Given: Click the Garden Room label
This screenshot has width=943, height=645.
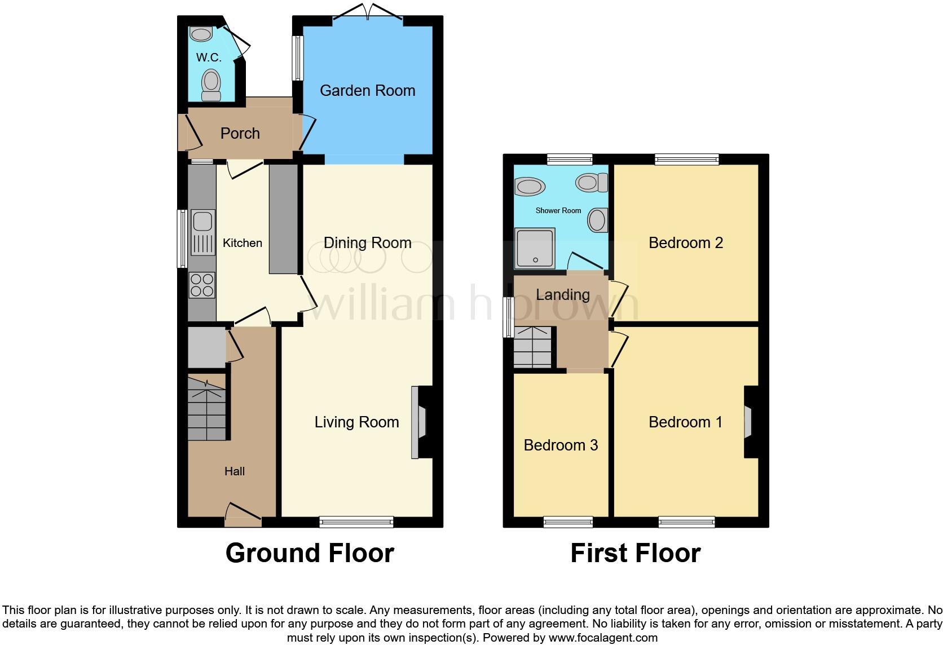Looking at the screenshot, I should coord(367,90).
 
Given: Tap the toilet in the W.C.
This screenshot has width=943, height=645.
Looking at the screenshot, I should coord(211,85).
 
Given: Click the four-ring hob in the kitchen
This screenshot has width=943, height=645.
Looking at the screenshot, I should coord(202,285).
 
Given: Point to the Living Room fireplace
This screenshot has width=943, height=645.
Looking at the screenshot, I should coord(418,422).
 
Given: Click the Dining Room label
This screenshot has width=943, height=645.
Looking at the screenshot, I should coord(367,243).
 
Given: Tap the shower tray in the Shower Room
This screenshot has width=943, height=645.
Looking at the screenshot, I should coord(535,248).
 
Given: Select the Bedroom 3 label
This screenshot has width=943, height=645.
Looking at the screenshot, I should coord(561,445).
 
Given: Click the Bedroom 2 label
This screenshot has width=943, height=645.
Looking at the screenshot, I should coord(685,243).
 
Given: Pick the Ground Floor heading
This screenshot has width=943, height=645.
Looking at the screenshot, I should coord(310,553).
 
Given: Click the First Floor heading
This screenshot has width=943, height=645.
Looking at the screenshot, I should coord(635,553).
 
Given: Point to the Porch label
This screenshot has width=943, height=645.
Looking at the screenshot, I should coord(240,134).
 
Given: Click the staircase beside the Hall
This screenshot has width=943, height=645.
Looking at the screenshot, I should coord(206,407).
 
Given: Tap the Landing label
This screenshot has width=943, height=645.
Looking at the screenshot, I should coord(562,295).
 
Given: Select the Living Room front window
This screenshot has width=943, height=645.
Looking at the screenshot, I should coord(356,522).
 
